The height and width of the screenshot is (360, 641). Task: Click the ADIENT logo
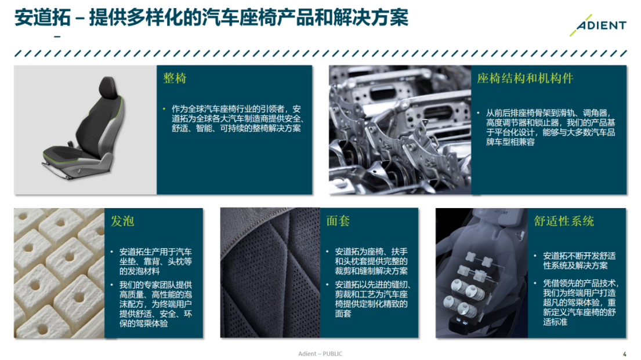click(601, 26)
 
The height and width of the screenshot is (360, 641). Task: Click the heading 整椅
click(175, 78)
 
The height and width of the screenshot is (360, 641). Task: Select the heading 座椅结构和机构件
click(525, 78)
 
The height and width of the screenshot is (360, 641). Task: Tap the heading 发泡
click(122, 221)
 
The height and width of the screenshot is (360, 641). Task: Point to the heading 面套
click(338, 221)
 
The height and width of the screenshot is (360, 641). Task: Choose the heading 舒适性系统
click(564, 221)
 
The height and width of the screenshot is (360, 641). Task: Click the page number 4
click(625, 354)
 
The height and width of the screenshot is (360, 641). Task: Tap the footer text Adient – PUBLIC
click(320, 354)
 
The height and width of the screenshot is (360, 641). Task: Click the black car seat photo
click(85, 129)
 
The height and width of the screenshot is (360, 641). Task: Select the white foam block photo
click(59, 272)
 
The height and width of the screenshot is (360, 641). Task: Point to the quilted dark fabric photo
click(270, 272)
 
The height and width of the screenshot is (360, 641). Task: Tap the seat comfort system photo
click(481, 272)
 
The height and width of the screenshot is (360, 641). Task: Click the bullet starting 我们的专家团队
click(155, 304)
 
